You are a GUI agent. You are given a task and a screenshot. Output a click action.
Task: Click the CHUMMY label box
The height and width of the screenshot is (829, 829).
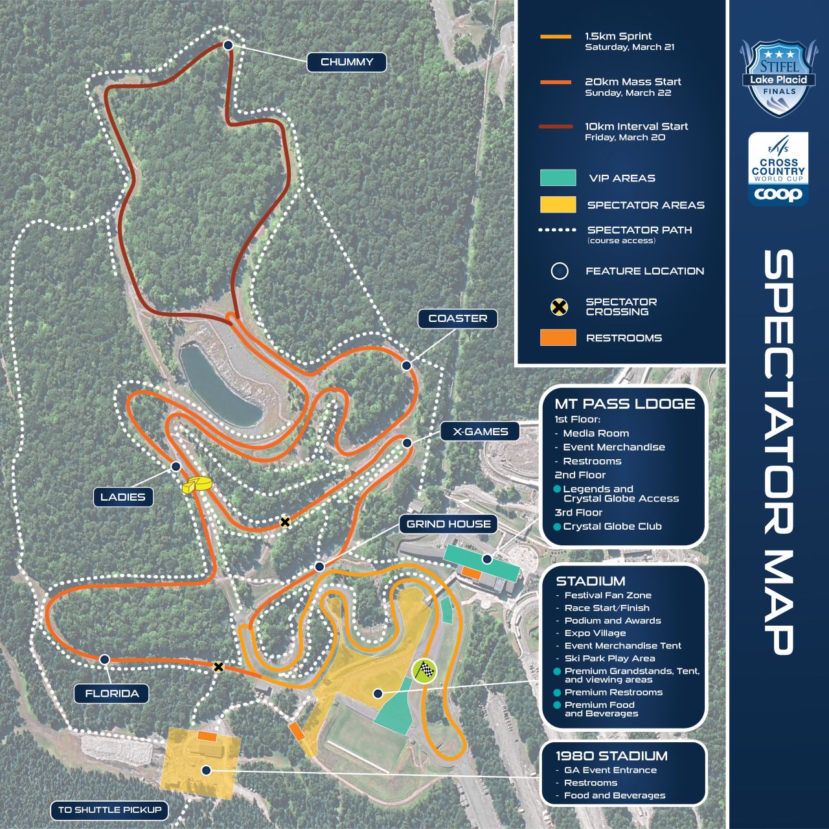pyautogui.click(x=346, y=62)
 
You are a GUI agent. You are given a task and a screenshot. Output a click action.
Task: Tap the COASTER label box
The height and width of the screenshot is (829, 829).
pyautogui.click(x=457, y=319)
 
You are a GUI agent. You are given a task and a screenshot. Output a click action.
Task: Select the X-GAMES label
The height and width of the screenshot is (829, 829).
pyautogui.click(x=480, y=431)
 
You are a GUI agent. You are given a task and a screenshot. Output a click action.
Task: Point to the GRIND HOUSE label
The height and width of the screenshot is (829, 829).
pyautogui.click(x=448, y=524)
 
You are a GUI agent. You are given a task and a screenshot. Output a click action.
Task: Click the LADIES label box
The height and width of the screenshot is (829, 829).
pyautogui.click(x=122, y=497)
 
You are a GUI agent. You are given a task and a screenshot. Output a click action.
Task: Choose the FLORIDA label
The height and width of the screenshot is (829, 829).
pyautogui.click(x=112, y=694)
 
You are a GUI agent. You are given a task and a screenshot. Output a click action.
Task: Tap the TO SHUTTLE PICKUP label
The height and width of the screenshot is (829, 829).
pyautogui.click(x=109, y=810)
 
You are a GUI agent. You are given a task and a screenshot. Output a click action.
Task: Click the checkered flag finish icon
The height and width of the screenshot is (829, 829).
pyautogui.click(x=425, y=671)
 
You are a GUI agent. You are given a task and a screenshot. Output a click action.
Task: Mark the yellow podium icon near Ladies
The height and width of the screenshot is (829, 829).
pyautogui.click(x=195, y=485)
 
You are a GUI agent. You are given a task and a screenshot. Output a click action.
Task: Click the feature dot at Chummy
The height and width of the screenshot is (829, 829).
pyautogui.click(x=228, y=45)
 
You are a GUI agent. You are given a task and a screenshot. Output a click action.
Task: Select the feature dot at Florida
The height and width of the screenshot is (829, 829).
pyautogui.click(x=104, y=659)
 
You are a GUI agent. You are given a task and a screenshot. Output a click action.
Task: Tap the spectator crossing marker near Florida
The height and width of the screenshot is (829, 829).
pyautogui.click(x=219, y=666)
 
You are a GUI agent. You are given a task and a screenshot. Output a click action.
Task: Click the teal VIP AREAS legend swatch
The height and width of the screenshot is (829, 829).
pyautogui.click(x=558, y=177)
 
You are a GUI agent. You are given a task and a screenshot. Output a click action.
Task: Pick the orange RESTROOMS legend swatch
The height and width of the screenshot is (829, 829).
pyautogui.click(x=558, y=337)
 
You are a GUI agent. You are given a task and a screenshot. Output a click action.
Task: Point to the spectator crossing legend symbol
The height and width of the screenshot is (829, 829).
pyautogui.click(x=559, y=306)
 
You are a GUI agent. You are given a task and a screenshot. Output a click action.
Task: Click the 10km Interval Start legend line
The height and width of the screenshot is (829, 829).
pyautogui.click(x=556, y=127)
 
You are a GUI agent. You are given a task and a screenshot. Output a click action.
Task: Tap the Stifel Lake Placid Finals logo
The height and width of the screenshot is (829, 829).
pyautogui.click(x=778, y=78)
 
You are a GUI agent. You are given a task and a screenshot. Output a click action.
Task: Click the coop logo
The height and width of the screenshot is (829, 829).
pyautogui.click(x=778, y=194)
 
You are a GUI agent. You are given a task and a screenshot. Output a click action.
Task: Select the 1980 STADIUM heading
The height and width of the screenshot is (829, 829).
pyautogui.click(x=611, y=756)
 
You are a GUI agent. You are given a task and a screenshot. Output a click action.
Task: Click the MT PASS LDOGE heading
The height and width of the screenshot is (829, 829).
pyautogui.click(x=624, y=403)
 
